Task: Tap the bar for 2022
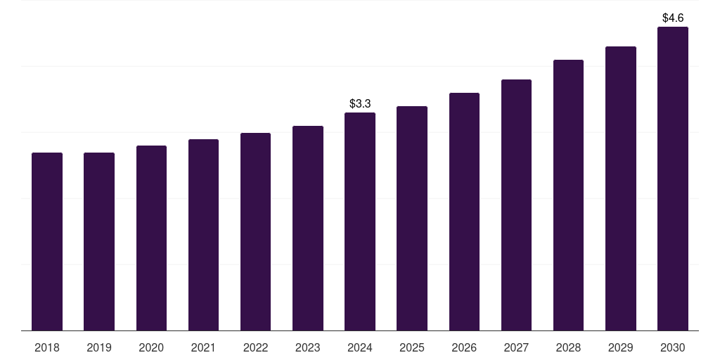pyautogui.click(x=255, y=231)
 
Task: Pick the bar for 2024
pyautogui.click(x=360, y=221)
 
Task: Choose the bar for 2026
pyautogui.click(x=464, y=212)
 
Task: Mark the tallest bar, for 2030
pyautogui.click(x=672, y=179)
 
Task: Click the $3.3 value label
pyautogui.click(x=360, y=104)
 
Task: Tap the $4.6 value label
pyautogui.click(x=673, y=18)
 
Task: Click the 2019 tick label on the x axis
pyautogui.click(x=99, y=347)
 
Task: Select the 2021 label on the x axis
pyautogui.click(x=203, y=347)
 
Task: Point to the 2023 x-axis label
pyautogui.click(x=307, y=347)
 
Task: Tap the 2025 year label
pyautogui.click(x=412, y=347)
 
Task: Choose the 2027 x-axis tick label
pyautogui.click(x=516, y=347)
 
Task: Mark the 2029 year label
pyautogui.click(x=620, y=347)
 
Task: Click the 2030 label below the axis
pyautogui.click(x=672, y=347)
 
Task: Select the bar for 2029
pyautogui.click(x=620, y=188)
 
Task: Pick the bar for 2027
pyautogui.click(x=516, y=205)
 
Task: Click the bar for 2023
pyautogui.click(x=307, y=228)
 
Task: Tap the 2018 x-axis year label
pyautogui.click(x=47, y=347)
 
